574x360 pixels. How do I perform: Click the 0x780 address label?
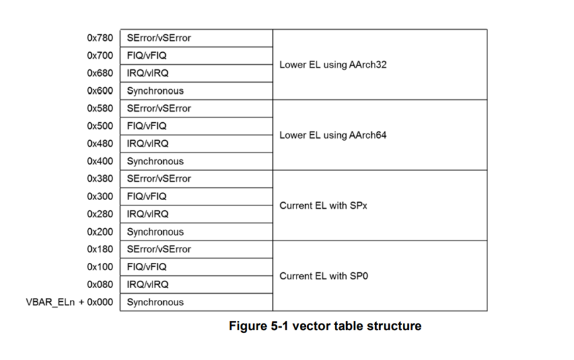pyautogui.click(x=100, y=38)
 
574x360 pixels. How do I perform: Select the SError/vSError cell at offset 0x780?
pyautogui.click(x=159, y=38)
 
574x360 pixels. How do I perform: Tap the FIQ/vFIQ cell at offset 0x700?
pyautogui.click(x=147, y=55)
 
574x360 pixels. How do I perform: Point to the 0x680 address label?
pyautogui.click(x=100, y=73)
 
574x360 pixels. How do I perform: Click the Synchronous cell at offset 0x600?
pyautogui.click(x=155, y=91)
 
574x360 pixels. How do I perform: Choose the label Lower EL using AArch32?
pyautogui.click(x=333, y=65)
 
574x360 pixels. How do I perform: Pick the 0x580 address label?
pyautogui.click(x=100, y=108)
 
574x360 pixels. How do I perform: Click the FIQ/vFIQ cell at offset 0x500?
pyautogui.click(x=147, y=126)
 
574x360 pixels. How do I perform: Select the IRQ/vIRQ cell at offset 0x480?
pyautogui.click(x=147, y=143)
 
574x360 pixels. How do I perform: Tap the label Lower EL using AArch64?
pyautogui.click(x=333, y=135)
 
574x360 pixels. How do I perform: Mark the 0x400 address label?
pyautogui.click(x=100, y=161)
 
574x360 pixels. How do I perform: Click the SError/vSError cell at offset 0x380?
pyautogui.click(x=159, y=179)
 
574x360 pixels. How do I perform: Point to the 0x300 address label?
pyautogui.click(x=100, y=196)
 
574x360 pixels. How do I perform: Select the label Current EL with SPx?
pyautogui.click(x=323, y=205)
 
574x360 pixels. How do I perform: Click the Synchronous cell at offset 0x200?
pyautogui.click(x=155, y=232)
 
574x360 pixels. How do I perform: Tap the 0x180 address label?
pyautogui.click(x=100, y=249)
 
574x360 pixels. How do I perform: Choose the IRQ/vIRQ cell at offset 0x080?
pyautogui.click(x=147, y=285)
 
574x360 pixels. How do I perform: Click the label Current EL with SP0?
pyautogui.click(x=324, y=276)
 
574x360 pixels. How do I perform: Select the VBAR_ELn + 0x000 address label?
pyautogui.click(x=68, y=303)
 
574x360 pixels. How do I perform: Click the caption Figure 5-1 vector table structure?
pyautogui.click(x=324, y=326)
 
